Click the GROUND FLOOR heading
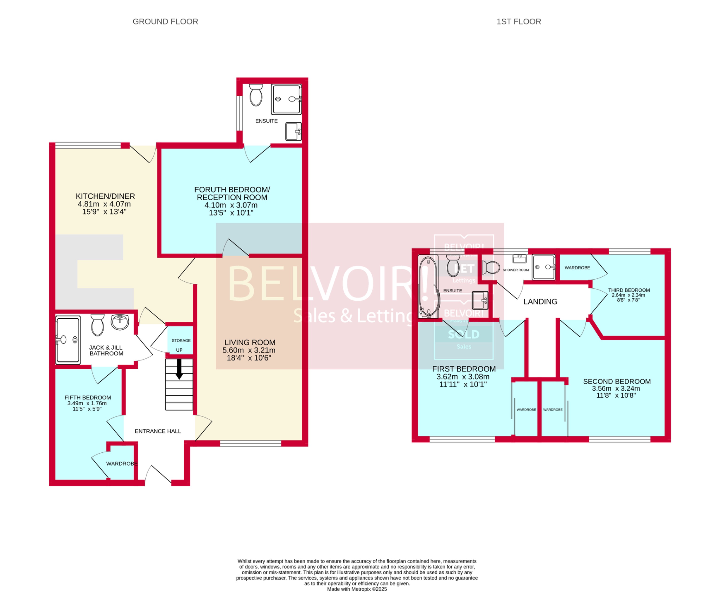[165, 21]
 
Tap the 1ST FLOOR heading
[518, 21]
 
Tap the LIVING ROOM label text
[250, 342]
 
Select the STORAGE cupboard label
[181, 340]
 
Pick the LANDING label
[540, 301]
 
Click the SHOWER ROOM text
[515, 270]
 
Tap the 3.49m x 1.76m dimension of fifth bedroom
[87, 403]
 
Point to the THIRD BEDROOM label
[629, 290]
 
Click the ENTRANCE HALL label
[158, 431]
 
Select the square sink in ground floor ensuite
[293, 131]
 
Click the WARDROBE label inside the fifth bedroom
[121, 463]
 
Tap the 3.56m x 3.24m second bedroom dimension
[616, 388]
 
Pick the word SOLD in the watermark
[463, 335]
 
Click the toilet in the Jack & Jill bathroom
[97, 325]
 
